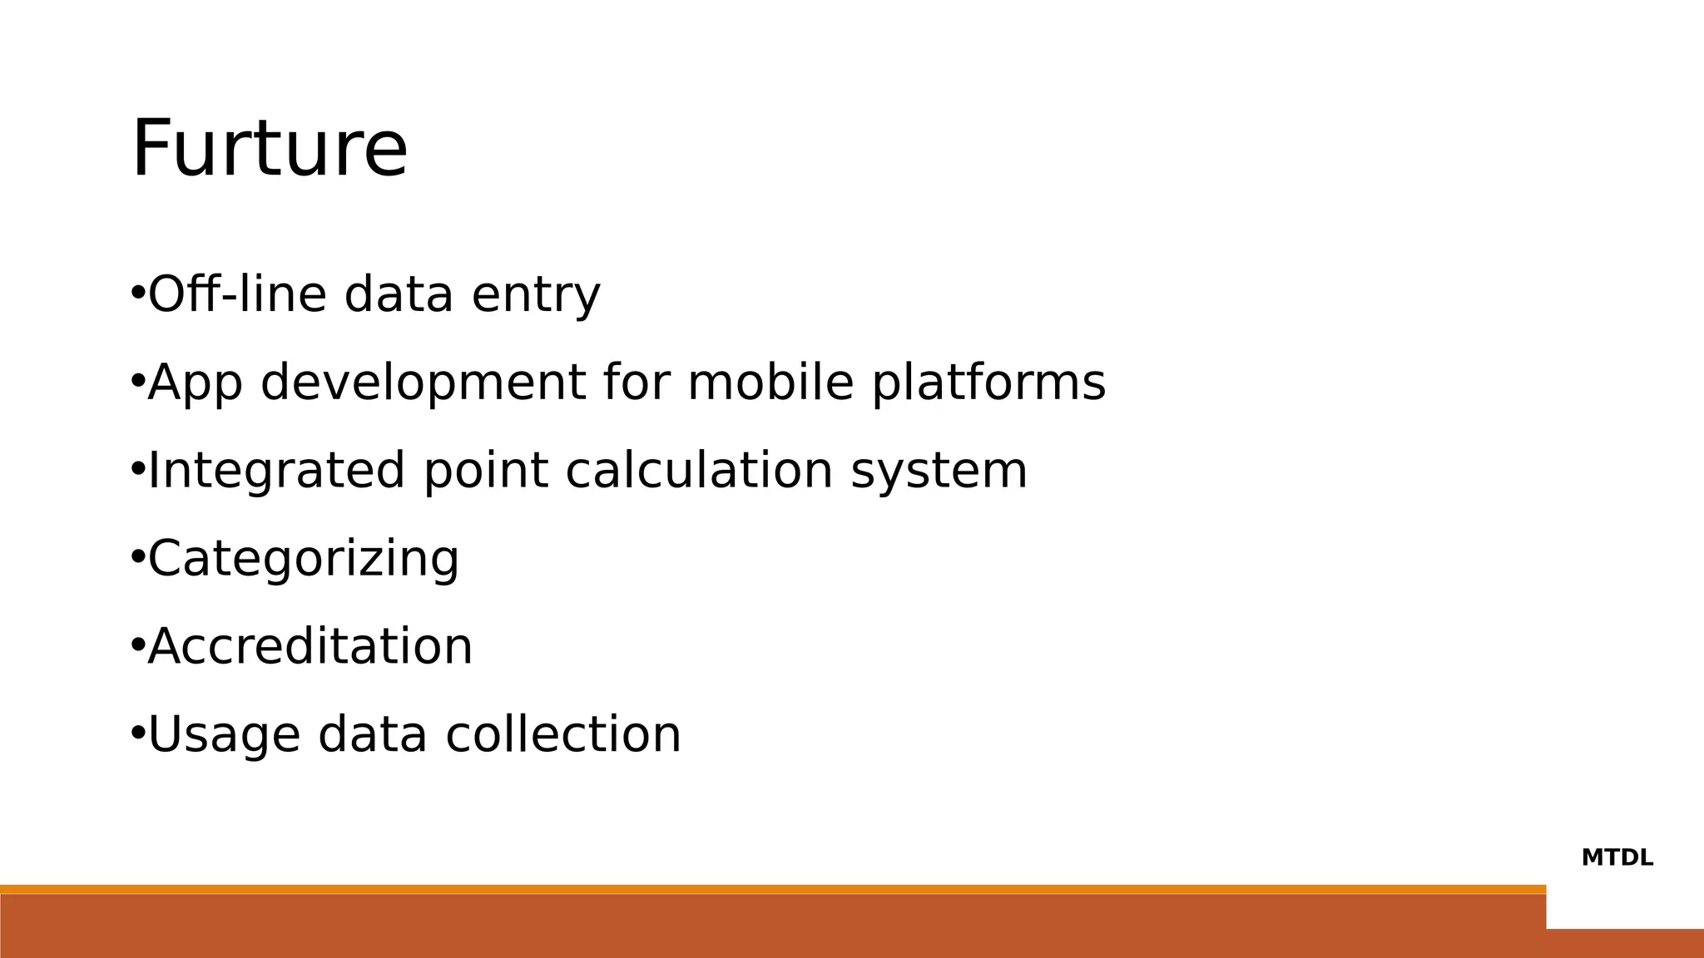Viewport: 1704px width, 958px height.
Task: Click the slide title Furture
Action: (x=270, y=150)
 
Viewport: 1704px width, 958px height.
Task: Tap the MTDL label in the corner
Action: (x=1617, y=857)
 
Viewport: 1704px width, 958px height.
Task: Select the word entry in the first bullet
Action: (x=535, y=295)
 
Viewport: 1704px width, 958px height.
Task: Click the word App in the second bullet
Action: (x=195, y=383)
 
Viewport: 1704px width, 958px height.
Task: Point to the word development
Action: (x=423, y=383)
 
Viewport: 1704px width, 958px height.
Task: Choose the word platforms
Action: (x=988, y=383)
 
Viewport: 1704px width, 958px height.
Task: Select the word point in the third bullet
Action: (x=485, y=471)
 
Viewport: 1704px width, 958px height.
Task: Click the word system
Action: (x=939, y=472)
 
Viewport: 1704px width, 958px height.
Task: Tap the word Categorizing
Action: (x=303, y=559)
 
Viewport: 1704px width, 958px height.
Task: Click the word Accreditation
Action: (x=310, y=646)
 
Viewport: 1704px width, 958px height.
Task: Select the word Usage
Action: (x=223, y=735)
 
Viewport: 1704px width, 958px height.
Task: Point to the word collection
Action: (x=563, y=734)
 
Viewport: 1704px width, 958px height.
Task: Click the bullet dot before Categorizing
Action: (x=137, y=557)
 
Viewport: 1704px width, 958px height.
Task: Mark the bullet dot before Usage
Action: (x=137, y=733)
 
